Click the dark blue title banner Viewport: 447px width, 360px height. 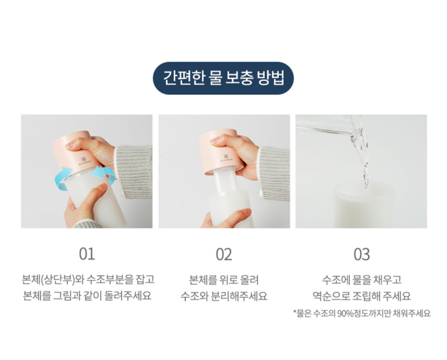pyautogui.click(x=223, y=78)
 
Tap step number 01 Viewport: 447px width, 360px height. pyautogui.click(x=87, y=254)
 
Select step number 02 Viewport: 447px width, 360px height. pyautogui.click(x=224, y=254)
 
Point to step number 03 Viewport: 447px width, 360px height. pyautogui.click(x=362, y=254)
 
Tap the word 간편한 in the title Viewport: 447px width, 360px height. pyautogui.click(x=184, y=78)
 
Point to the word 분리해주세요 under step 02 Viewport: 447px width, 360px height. pyautogui.click(x=239, y=296)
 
